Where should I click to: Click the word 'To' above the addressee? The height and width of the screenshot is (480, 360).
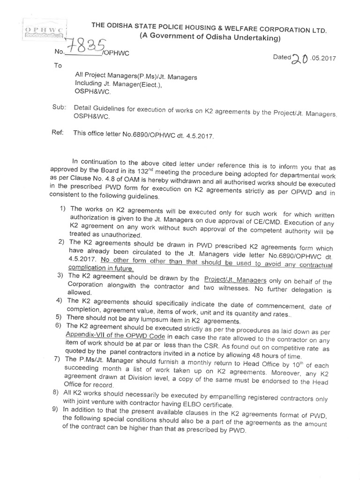(x=58, y=66)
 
